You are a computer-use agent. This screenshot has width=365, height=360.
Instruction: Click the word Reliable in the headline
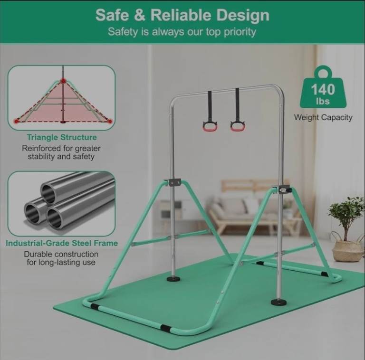(x=181, y=15)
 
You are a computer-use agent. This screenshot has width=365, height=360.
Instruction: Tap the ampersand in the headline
(x=139, y=15)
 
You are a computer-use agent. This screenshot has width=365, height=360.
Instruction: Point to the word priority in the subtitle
(x=240, y=32)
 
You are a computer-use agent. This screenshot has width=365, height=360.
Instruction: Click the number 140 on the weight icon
(x=323, y=90)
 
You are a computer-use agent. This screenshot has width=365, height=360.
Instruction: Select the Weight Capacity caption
(x=323, y=118)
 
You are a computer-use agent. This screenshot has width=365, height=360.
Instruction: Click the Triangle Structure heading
(x=62, y=137)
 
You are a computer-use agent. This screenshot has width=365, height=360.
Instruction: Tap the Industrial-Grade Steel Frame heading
(x=62, y=243)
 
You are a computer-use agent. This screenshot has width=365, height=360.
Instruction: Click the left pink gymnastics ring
(x=211, y=127)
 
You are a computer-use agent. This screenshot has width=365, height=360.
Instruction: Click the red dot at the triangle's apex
(x=63, y=81)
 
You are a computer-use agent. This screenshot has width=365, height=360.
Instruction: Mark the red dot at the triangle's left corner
(x=16, y=121)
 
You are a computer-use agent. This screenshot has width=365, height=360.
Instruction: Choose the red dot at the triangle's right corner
(x=110, y=121)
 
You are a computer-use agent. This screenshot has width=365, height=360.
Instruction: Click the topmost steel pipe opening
(x=48, y=192)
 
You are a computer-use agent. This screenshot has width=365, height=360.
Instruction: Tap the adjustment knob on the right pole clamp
(x=289, y=190)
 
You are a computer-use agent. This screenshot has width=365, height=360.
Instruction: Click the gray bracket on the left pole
(x=172, y=182)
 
